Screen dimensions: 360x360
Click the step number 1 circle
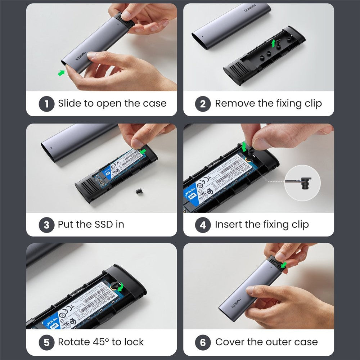tap(47, 104)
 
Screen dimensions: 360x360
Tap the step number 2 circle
tap(203, 104)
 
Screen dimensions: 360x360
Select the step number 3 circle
tap(47, 225)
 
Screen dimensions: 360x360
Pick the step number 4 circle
tap(203, 225)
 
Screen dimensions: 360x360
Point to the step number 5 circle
tap(47, 342)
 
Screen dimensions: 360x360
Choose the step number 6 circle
tap(203, 342)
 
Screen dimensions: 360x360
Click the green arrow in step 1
tap(62, 73)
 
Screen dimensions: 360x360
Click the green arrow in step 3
tap(144, 151)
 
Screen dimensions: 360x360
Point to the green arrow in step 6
tap(284, 265)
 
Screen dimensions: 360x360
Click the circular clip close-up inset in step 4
tap(302, 183)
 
